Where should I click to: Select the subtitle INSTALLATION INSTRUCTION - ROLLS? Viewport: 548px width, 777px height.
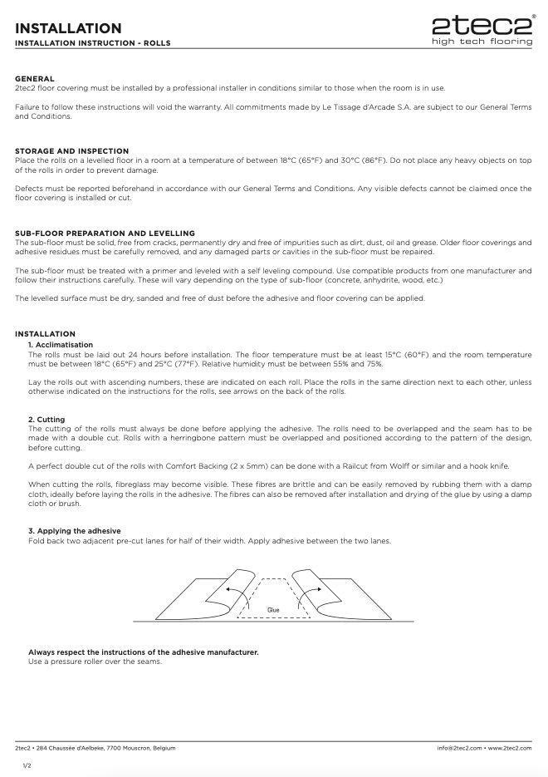click(93, 42)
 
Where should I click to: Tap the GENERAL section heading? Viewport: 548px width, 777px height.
click(35, 78)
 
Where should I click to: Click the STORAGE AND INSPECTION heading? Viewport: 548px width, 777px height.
click(71, 150)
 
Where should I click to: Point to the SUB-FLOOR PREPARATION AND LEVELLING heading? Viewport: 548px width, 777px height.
click(105, 232)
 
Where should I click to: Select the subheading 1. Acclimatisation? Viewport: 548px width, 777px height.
click(61, 344)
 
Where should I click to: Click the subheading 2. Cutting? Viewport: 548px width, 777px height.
click(46, 420)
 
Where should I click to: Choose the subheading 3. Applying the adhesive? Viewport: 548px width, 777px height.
click(75, 530)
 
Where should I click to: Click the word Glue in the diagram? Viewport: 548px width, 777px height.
click(273, 609)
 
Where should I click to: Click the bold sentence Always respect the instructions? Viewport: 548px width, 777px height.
click(143, 652)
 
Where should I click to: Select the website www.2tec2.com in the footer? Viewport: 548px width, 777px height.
click(510, 748)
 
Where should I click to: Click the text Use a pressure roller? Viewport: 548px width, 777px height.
click(95, 661)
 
